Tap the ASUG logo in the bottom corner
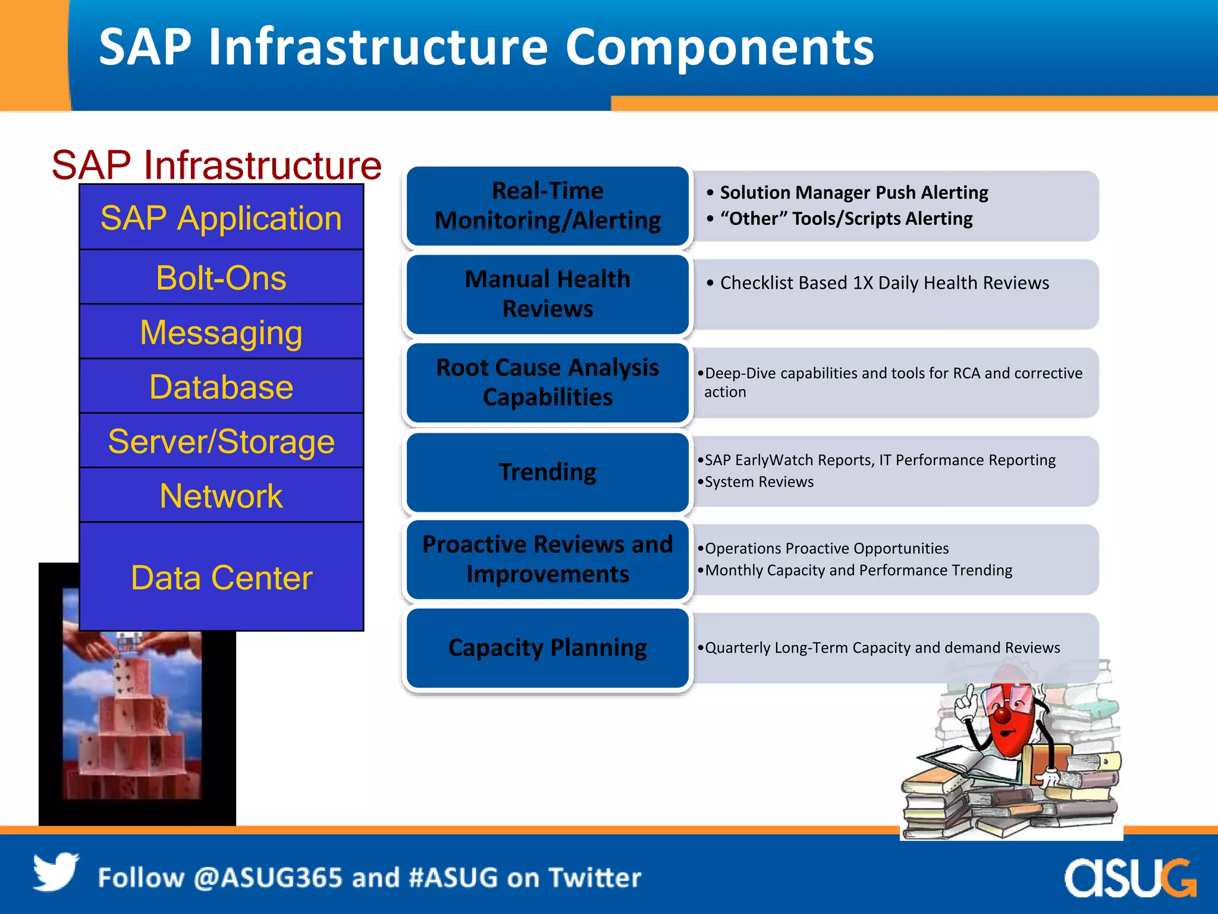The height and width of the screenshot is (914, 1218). coord(1129,878)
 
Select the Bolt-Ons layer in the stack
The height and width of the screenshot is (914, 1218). coord(221,278)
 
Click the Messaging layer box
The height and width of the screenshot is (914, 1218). coord(221,332)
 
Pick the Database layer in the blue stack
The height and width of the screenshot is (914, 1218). coord(221,387)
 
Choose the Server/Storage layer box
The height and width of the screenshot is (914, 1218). coord(221,442)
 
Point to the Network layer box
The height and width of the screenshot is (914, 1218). coord(221,496)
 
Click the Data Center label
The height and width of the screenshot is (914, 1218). coord(221,577)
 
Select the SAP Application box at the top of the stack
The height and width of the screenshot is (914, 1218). coord(221,218)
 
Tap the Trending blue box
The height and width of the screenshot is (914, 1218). coord(547,472)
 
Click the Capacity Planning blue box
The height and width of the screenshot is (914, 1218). coord(547,647)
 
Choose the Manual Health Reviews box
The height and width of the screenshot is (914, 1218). coord(547,294)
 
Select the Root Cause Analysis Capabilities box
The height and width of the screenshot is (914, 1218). coord(547,383)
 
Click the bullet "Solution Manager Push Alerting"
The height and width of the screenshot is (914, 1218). coord(853,193)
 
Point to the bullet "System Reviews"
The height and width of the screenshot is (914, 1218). coord(758,482)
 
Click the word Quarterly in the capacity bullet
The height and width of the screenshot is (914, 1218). coord(737,648)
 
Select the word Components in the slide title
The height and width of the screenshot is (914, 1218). coord(719,47)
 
